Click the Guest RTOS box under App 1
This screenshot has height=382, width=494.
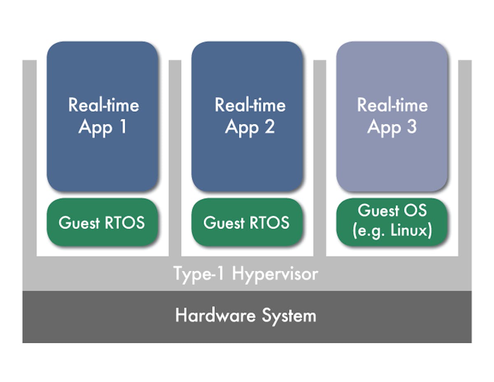(x=102, y=223)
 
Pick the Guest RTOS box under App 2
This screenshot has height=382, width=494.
(x=247, y=223)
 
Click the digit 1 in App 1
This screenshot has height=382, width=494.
(x=122, y=127)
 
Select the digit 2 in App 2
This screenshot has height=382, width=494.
(x=269, y=127)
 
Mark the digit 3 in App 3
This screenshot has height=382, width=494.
(x=411, y=127)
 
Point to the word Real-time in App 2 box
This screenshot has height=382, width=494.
(x=250, y=105)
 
